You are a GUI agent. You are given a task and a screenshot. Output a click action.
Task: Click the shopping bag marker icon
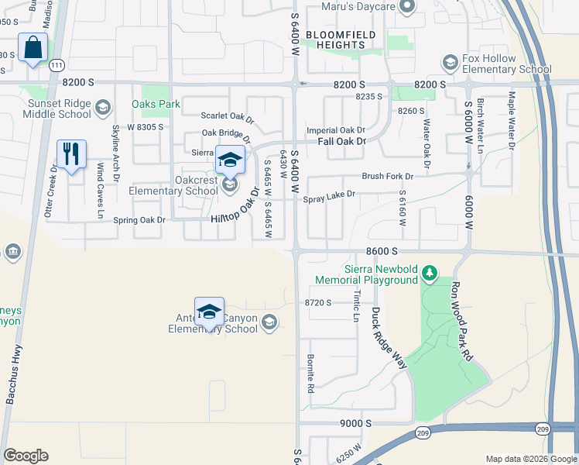33,48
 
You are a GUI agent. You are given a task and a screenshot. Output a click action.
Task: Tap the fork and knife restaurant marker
71,154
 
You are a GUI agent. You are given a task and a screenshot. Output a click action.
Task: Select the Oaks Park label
156,104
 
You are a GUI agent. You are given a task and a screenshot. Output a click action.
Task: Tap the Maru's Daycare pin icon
409,7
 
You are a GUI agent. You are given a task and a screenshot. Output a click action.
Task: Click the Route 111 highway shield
56,67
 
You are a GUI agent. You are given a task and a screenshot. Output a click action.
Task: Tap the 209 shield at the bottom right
422,432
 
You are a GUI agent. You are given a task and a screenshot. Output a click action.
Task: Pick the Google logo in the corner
25,456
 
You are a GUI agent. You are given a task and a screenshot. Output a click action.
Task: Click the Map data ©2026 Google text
530,459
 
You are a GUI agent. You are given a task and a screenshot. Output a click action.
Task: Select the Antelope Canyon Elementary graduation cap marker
209,312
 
